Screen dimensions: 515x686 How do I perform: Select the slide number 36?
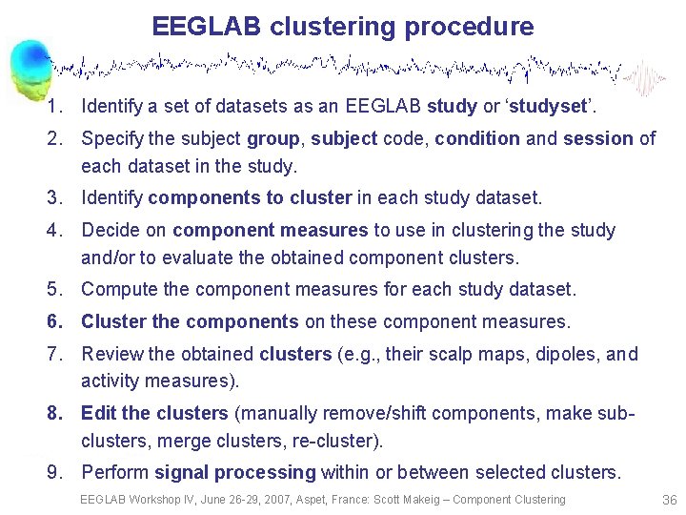668,500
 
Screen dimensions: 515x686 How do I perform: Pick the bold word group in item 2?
272,138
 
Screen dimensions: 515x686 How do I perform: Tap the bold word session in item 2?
597,138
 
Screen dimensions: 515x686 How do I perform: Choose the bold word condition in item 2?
477,138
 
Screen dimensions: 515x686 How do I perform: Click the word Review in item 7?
111,354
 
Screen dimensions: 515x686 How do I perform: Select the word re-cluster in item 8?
339,441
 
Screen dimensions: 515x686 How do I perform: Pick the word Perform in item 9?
115,472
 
